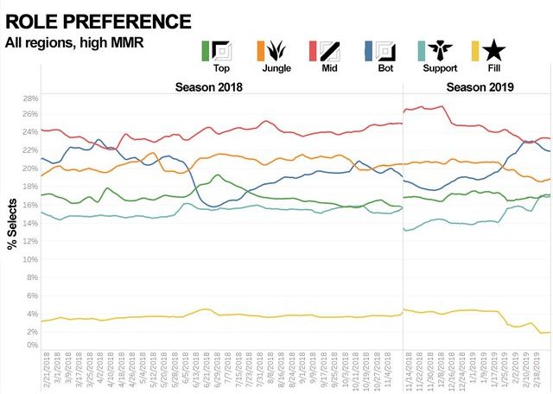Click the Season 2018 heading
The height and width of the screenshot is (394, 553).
tap(209, 86)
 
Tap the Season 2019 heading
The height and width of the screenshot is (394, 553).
tap(480, 86)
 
